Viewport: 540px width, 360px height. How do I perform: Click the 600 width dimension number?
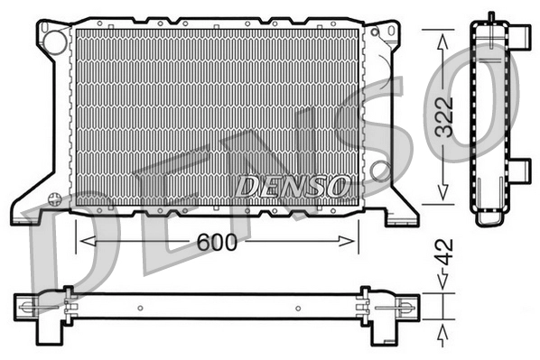pos(217,242)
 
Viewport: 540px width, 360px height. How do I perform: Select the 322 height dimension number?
pos(442,115)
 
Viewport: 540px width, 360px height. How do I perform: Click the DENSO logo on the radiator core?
pos(292,186)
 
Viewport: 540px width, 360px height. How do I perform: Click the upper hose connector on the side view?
pos(519,35)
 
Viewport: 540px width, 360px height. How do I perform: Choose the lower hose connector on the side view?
pos(519,169)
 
